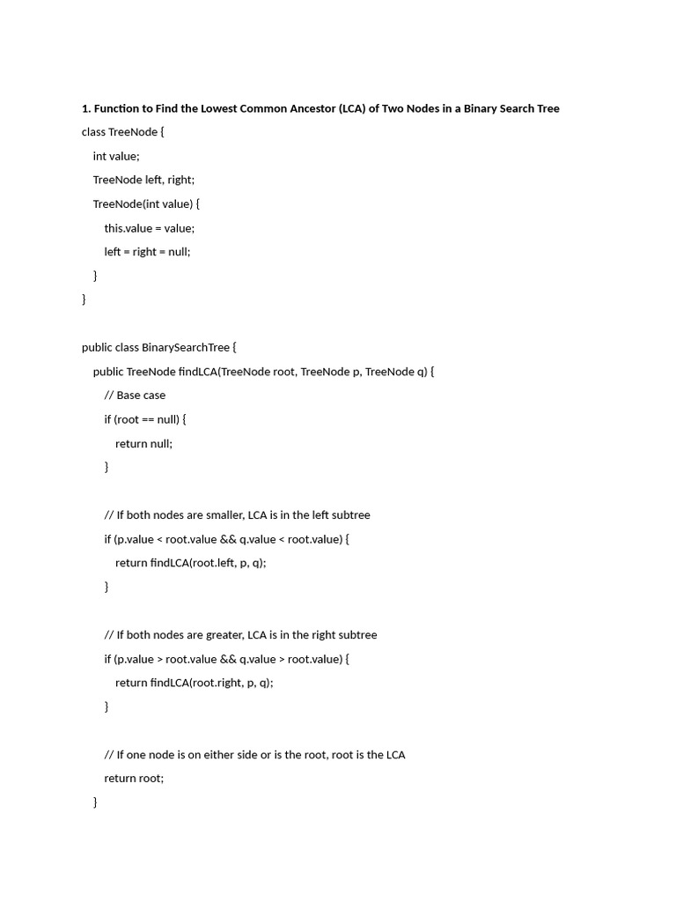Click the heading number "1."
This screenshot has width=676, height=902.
click(86, 108)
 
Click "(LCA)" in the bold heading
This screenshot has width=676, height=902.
click(338, 108)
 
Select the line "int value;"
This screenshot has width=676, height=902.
click(116, 156)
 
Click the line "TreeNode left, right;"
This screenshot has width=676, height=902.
click(143, 180)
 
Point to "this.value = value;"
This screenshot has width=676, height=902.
click(149, 227)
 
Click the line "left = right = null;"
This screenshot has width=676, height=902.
click(147, 251)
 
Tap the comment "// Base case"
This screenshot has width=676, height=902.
click(135, 395)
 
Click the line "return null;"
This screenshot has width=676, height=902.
click(143, 443)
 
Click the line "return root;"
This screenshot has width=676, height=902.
click(134, 778)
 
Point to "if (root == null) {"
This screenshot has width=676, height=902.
click(145, 419)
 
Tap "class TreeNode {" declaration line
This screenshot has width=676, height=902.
click(123, 132)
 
